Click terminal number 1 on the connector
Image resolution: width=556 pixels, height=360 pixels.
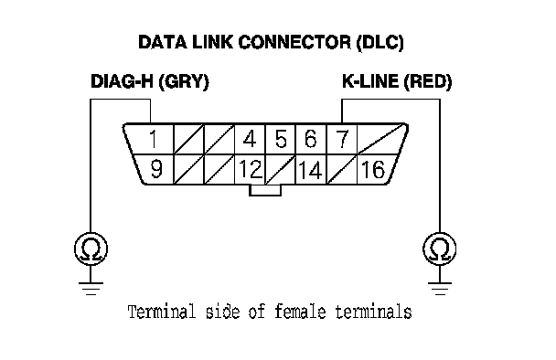point(154,139)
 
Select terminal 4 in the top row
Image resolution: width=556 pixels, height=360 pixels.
point(250,139)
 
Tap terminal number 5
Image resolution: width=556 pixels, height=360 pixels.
point(281,139)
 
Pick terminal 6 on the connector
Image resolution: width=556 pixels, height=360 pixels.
point(311,139)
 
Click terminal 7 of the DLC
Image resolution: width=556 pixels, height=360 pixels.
point(342,139)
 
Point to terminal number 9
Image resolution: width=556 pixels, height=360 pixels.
point(156,169)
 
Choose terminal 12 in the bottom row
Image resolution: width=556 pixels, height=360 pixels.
point(251,169)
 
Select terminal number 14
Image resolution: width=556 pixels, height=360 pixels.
point(311,170)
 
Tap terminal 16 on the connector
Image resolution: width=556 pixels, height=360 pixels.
point(373,169)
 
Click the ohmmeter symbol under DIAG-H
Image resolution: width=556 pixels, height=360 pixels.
point(91,249)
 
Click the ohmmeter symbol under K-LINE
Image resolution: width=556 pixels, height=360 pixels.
point(440,249)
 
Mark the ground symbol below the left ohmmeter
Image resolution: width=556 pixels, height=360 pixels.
point(91,289)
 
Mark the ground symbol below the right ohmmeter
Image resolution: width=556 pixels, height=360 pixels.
point(440,289)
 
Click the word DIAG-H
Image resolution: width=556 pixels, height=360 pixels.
point(122,81)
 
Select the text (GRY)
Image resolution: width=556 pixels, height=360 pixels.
point(184,82)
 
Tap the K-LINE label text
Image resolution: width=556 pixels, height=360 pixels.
point(370,81)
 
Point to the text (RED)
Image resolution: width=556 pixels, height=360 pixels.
point(428,82)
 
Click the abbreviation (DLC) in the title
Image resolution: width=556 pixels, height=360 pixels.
point(380,43)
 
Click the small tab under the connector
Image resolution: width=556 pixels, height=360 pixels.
point(265,191)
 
